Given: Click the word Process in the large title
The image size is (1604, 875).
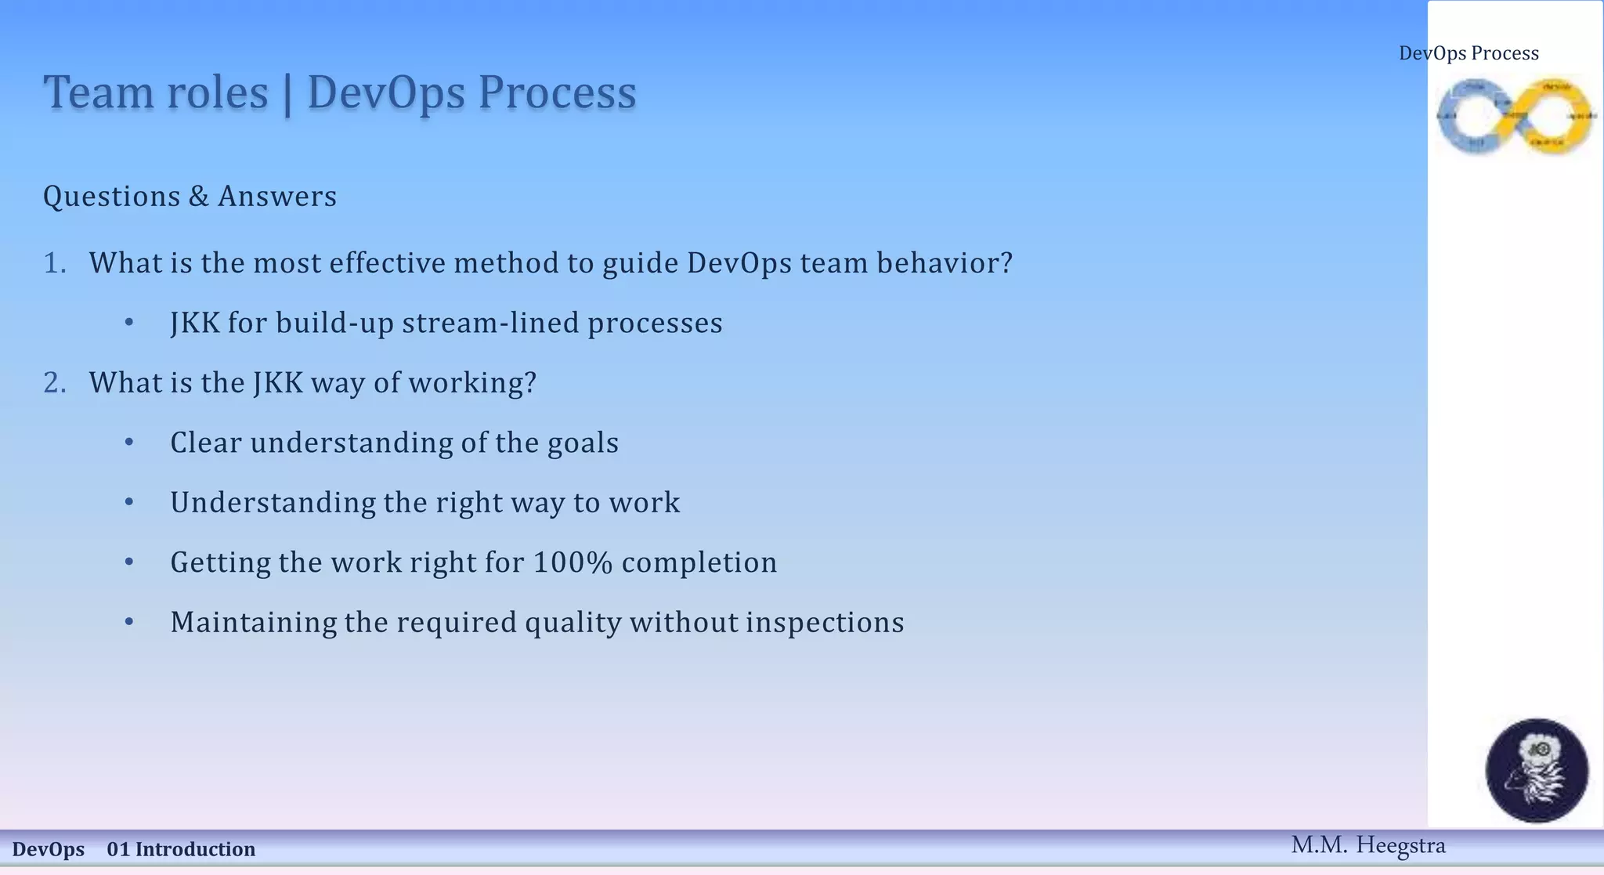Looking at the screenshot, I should (557, 92).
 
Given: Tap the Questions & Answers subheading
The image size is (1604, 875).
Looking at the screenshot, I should (190, 196).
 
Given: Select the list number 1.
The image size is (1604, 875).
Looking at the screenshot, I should (54, 263).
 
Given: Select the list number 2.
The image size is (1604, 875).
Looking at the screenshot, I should (54, 383).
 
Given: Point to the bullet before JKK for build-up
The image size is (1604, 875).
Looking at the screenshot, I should (129, 323).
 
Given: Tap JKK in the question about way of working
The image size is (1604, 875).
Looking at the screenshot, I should (277, 383).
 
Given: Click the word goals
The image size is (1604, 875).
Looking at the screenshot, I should (582, 443).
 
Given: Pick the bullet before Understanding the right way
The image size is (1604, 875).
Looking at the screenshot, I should (129, 502).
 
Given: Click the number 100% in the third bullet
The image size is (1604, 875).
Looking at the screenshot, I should (573, 562).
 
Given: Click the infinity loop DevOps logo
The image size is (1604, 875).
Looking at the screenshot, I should (1515, 116).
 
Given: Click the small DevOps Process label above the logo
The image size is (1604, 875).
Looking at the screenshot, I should (1469, 53).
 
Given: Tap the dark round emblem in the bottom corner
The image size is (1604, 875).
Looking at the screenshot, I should (1537, 770).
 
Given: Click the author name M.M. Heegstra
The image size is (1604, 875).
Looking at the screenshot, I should (1367, 845).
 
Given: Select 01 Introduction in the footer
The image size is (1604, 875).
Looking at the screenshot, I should (181, 849).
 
